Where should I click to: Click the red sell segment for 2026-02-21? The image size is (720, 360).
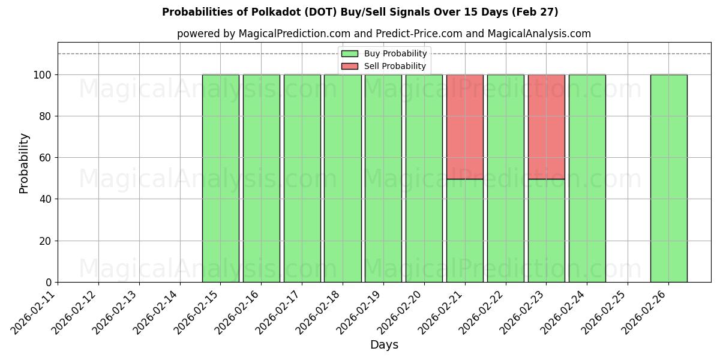465,127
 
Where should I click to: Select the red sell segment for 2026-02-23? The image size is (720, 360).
546,127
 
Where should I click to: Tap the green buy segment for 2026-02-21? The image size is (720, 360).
465,230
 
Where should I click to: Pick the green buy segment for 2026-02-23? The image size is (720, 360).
546,230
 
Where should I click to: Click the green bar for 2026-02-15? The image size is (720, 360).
221,178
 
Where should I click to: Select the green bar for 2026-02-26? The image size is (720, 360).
668,178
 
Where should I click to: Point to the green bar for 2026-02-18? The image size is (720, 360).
343,178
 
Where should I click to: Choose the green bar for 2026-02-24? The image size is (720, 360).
587,178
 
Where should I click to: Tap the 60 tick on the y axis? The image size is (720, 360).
46,158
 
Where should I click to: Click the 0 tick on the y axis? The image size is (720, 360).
49,283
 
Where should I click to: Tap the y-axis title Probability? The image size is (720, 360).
24,163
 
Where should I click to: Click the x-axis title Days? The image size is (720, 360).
384,345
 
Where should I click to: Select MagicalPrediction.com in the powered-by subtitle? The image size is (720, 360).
290,34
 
